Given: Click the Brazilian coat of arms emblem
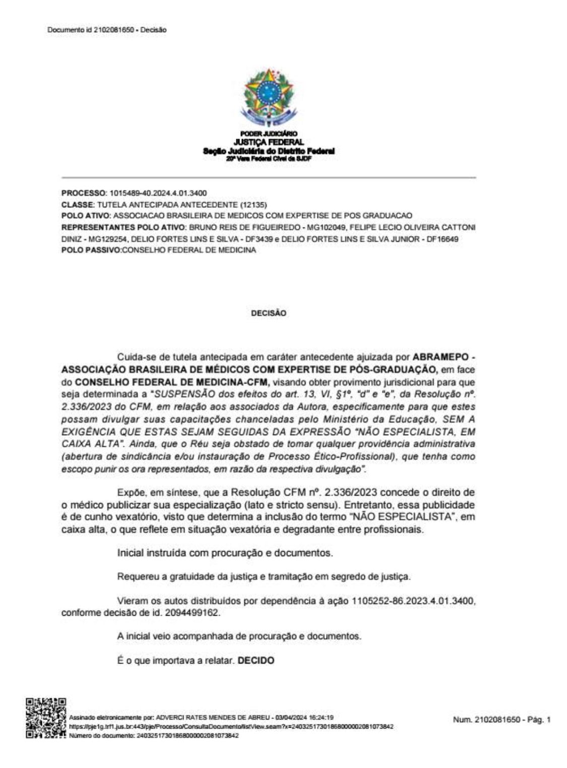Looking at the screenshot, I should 268,97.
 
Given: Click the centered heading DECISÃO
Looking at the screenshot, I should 268,313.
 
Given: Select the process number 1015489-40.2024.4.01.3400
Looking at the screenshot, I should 158,193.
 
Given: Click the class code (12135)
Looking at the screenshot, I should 256,205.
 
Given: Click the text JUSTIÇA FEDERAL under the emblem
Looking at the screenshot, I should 268,143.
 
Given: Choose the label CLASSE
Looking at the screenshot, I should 77,205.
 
